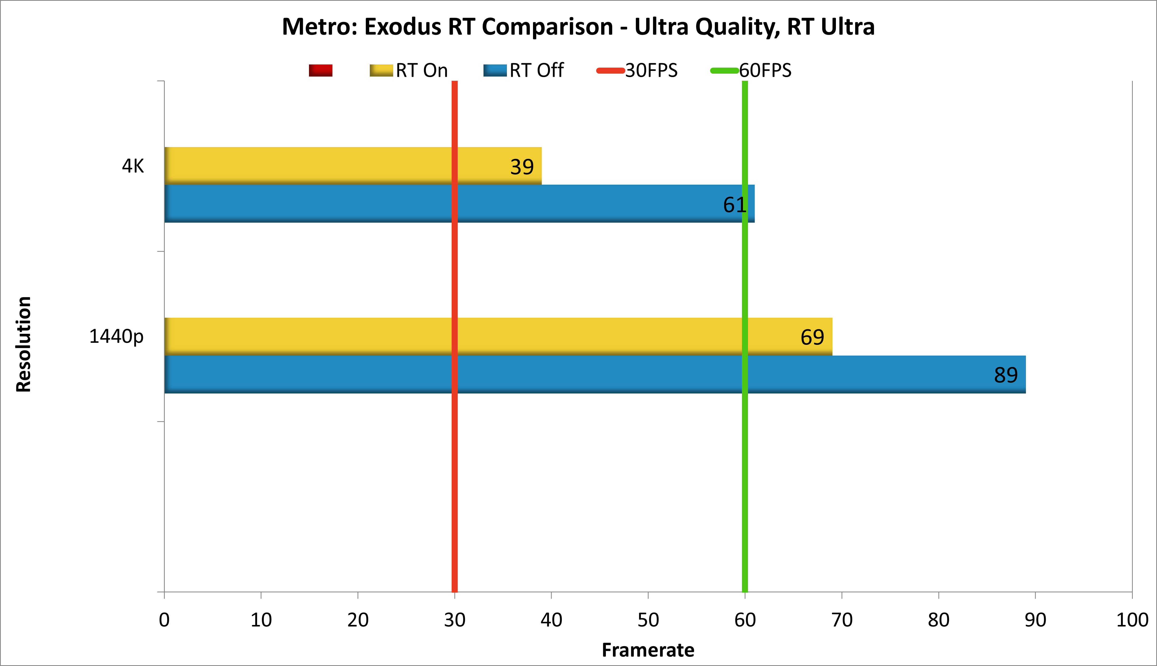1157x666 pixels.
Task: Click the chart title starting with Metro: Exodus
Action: click(x=578, y=27)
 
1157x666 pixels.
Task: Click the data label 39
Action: click(x=522, y=167)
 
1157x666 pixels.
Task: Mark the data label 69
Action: click(x=812, y=337)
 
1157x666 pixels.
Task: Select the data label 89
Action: click(x=1005, y=375)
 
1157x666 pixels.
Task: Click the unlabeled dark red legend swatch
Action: click(x=320, y=70)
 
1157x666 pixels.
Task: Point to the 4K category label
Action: click(x=133, y=166)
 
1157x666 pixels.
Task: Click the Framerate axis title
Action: click(x=648, y=649)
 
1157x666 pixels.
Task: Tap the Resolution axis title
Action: click(x=24, y=344)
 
